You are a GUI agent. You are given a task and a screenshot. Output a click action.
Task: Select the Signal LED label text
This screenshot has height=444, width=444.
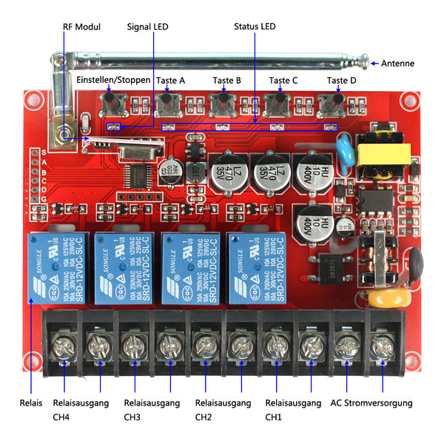147,27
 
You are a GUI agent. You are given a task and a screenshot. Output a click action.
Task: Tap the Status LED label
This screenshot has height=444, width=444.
255,27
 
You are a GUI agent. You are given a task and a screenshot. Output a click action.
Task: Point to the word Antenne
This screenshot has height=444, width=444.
397,64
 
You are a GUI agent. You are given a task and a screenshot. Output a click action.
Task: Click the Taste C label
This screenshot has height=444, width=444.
283,80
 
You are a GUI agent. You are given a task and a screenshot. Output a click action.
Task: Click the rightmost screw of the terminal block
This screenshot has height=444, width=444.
383,345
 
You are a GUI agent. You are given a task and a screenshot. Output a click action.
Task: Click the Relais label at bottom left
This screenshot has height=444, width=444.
31,403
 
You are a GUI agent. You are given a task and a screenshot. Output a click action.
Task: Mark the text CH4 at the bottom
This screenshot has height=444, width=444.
61,417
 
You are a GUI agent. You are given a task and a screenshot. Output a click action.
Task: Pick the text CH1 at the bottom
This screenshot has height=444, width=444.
274,417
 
